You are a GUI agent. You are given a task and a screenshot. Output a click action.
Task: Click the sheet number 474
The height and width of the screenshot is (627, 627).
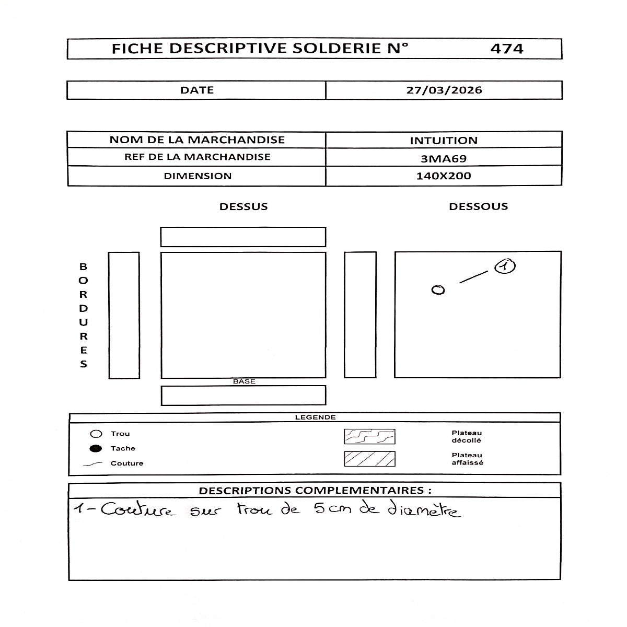click(506, 49)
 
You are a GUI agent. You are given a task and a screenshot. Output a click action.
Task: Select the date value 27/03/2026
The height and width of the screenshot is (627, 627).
click(444, 90)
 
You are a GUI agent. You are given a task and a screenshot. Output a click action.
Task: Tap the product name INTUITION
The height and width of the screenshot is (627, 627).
click(444, 140)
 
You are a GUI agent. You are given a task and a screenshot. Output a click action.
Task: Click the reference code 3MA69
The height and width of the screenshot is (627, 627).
click(444, 158)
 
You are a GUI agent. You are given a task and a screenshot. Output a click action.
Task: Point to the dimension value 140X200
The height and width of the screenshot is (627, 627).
click(444, 176)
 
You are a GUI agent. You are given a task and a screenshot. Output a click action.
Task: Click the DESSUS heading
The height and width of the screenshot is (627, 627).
click(243, 206)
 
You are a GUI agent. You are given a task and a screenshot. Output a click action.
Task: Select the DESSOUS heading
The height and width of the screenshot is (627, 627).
click(478, 206)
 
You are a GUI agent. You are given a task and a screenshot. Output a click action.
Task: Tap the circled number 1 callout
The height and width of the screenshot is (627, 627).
click(504, 266)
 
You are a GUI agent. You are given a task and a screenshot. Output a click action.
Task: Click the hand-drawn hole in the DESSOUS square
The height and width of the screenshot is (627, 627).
click(438, 290)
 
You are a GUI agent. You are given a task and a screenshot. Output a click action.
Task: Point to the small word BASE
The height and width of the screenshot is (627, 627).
click(244, 381)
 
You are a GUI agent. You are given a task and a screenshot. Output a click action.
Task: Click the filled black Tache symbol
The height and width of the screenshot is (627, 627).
click(96, 448)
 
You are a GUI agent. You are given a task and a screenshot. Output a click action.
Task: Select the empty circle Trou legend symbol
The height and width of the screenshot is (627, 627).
click(96, 434)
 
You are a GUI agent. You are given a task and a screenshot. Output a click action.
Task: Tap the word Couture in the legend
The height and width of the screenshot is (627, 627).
click(127, 463)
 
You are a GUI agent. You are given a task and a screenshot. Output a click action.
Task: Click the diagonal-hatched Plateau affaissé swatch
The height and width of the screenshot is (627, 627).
click(369, 459)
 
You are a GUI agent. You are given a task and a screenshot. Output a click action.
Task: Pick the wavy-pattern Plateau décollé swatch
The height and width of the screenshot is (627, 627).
click(369, 436)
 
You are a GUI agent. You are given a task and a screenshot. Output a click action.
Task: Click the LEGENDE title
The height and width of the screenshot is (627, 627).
click(315, 417)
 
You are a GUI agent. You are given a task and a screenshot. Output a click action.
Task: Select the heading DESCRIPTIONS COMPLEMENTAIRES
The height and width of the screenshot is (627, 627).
click(315, 490)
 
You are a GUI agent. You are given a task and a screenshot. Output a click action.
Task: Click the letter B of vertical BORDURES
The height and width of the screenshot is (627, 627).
click(84, 266)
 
